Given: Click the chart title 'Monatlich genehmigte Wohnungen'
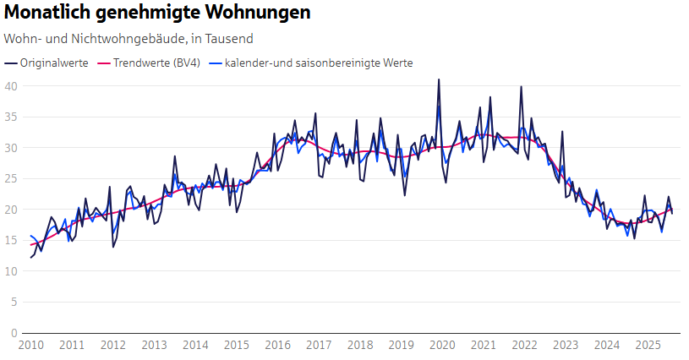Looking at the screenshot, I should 157,14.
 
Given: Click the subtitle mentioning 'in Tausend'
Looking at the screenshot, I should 129,39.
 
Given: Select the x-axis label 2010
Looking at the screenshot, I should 30,345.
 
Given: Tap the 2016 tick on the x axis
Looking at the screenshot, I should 277,345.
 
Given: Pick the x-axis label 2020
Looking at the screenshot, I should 442,345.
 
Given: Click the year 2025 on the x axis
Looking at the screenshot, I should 648,345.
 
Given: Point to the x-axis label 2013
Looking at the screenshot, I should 154,345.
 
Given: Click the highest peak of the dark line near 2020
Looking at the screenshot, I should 438,79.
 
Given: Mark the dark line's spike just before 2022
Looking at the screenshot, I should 521,86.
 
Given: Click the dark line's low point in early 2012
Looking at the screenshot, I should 113,247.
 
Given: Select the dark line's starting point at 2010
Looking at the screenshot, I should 30,257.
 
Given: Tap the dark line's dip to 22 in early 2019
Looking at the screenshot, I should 404,195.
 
